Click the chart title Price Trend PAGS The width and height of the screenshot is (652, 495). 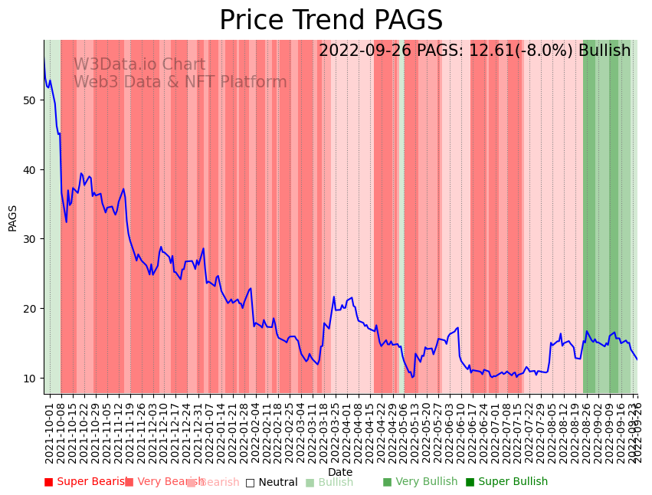tap(331, 21)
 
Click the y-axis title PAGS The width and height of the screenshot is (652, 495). tap(13, 218)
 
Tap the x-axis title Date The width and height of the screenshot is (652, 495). tap(340, 472)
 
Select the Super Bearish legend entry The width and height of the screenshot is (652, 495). tap(85, 482)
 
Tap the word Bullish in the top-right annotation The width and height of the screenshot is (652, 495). tap(604, 51)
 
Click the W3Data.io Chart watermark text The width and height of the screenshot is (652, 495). tap(139, 65)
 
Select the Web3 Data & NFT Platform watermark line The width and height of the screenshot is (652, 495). tap(180, 82)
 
